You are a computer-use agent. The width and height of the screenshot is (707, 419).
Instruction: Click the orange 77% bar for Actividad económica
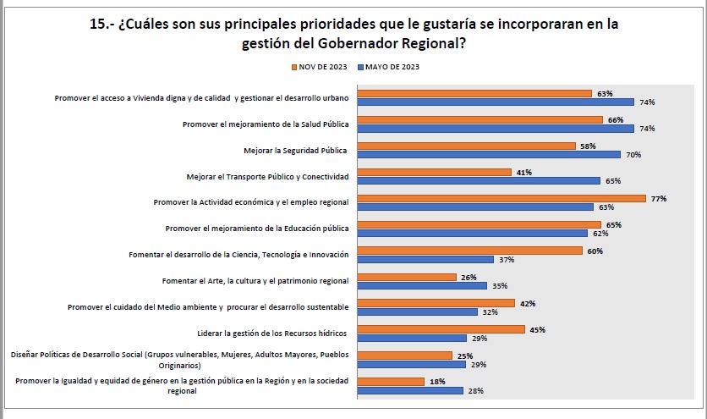click(501, 199)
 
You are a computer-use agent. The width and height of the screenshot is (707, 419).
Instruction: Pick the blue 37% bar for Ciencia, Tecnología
click(426, 259)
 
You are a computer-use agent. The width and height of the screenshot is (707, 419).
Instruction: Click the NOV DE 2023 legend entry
click(320, 66)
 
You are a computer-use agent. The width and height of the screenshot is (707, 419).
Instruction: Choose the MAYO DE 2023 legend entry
click(389, 66)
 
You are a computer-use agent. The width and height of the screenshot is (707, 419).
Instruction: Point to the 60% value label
click(595, 251)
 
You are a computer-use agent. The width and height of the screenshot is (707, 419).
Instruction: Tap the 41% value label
click(523, 172)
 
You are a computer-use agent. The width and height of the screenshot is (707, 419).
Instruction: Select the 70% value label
click(633, 155)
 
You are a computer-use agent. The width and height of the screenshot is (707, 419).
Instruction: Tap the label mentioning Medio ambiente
click(208, 306)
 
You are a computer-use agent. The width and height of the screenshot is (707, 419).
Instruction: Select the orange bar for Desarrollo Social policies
click(405, 356)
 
